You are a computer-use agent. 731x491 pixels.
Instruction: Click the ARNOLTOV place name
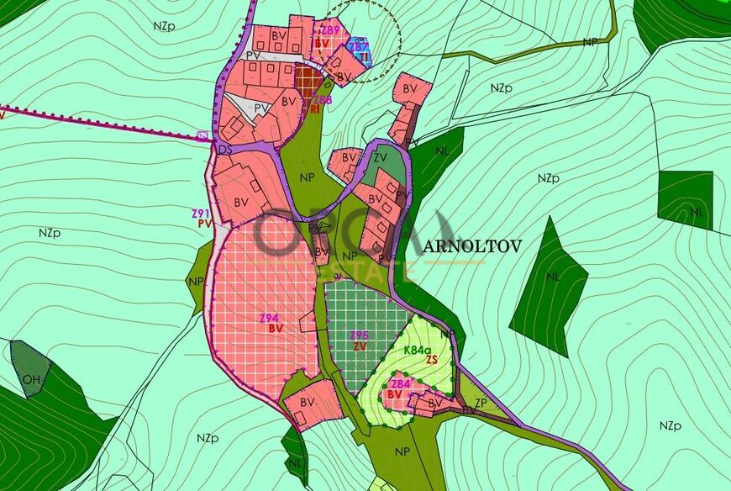[x=471, y=246]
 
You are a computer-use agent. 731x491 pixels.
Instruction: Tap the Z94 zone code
[x=269, y=318]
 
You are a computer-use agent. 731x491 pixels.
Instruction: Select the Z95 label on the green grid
[x=360, y=335]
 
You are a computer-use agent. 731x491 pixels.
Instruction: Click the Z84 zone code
[x=401, y=383]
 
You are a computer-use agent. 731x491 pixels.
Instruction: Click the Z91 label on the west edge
[x=199, y=214]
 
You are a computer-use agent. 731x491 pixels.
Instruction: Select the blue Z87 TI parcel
[x=359, y=47]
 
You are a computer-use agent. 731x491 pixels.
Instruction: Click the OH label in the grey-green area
[x=31, y=379]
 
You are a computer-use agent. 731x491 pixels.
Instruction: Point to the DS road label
[x=224, y=149]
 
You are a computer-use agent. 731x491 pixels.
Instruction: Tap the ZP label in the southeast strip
[x=481, y=403]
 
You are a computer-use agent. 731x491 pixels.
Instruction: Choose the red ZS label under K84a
[x=432, y=360]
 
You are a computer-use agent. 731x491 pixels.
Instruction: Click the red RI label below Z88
[x=315, y=109]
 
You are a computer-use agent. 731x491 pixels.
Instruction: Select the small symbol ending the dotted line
[x=202, y=135]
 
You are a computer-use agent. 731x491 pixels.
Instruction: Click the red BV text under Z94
[x=276, y=329]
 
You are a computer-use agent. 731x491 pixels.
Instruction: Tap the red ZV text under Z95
[x=360, y=346]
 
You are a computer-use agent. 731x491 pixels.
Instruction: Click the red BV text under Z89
[x=322, y=41]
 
